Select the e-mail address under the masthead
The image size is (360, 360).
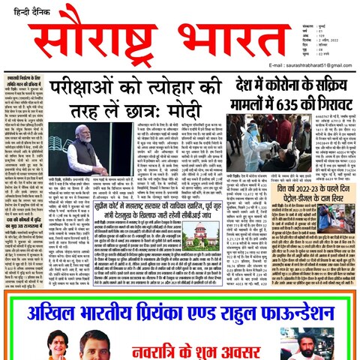tap(309, 65)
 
